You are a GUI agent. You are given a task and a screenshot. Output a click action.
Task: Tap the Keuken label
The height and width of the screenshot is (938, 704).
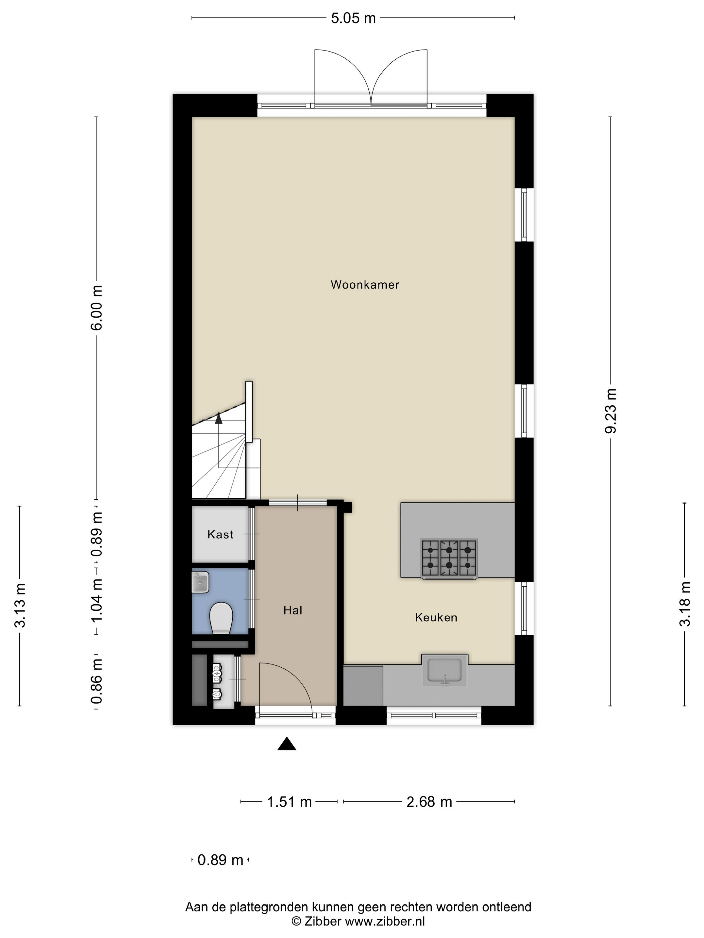[x=436, y=617]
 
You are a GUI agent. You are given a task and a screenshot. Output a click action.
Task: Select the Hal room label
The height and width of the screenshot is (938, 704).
[x=293, y=610]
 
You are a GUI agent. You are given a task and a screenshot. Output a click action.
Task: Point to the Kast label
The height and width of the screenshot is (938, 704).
[x=220, y=534]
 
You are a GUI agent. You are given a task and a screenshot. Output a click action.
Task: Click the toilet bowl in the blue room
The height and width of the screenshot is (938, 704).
[x=221, y=618]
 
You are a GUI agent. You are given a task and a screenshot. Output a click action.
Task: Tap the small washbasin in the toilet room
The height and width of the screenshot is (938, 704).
[x=200, y=582]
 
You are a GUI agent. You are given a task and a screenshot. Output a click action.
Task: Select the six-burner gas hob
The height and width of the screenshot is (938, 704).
[x=449, y=558]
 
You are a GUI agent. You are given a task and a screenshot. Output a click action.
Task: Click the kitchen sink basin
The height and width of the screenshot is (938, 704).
[x=444, y=670]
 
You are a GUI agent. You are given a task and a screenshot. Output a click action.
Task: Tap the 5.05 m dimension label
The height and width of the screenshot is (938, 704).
[x=353, y=18]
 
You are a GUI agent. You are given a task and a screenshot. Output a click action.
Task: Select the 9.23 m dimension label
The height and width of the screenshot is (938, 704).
[x=611, y=411]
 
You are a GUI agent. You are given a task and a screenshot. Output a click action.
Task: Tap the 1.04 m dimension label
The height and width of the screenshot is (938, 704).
[x=97, y=601]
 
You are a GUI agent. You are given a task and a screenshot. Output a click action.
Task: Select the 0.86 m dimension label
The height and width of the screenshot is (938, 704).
[x=97, y=681]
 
